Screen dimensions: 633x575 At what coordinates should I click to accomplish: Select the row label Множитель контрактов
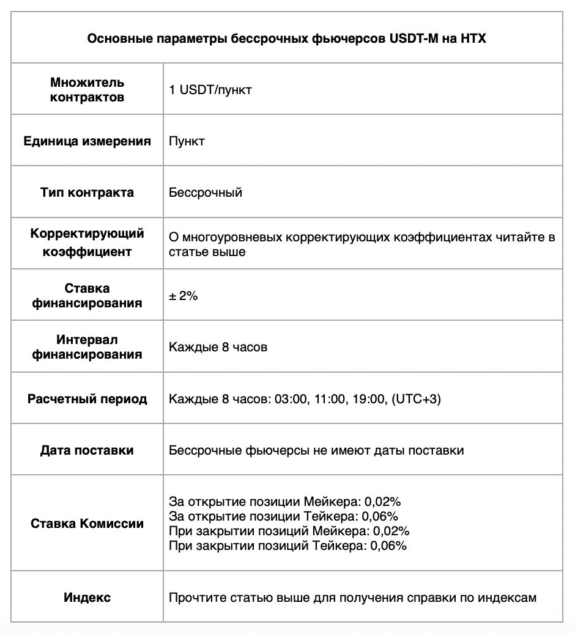pyautogui.click(x=87, y=89)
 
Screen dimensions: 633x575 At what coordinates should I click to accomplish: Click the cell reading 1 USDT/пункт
pyautogui.click(x=210, y=90)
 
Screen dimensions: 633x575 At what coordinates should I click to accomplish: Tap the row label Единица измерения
pyautogui.click(x=87, y=141)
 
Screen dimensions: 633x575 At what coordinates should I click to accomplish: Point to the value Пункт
pyautogui.click(x=187, y=141)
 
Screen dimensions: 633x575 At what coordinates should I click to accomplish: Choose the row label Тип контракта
pyautogui.click(x=87, y=192)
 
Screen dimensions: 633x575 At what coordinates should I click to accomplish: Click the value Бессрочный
pyautogui.click(x=206, y=192)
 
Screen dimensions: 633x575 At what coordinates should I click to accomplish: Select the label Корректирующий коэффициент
pyautogui.click(x=87, y=243)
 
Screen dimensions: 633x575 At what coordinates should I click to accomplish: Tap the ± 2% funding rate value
pyautogui.click(x=184, y=296)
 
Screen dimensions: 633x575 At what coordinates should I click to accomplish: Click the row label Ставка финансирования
pyautogui.click(x=87, y=295)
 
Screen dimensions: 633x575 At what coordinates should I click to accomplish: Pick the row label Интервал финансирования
pyautogui.click(x=87, y=346)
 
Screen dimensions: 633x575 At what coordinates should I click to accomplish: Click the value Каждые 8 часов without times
pyautogui.click(x=218, y=347)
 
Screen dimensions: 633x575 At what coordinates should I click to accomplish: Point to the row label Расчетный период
pyautogui.click(x=87, y=399)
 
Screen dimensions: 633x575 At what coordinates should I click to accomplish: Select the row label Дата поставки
pyautogui.click(x=87, y=450)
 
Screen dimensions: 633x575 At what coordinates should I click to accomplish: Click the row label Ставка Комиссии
pyautogui.click(x=87, y=524)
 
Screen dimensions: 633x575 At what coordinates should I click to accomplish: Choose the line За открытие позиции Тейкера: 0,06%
pyautogui.click(x=284, y=516)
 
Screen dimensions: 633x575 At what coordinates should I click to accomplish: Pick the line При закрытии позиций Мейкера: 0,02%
pyautogui.click(x=289, y=531)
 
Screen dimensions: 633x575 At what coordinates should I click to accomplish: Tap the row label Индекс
pyautogui.click(x=87, y=597)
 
